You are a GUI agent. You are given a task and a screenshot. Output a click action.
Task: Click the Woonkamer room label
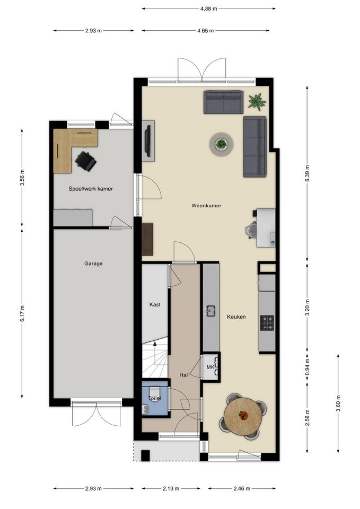coord(206,206)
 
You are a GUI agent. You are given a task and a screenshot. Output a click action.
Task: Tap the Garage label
coord(93,264)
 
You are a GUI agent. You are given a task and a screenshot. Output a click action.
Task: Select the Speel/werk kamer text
coord(91,189)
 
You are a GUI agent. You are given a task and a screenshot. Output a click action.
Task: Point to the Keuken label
coord(236,317)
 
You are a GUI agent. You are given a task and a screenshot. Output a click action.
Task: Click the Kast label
coord(155,304)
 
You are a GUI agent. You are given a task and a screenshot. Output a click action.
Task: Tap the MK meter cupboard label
coord(210,367)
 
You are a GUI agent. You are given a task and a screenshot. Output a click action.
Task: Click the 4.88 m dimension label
coord(208,9)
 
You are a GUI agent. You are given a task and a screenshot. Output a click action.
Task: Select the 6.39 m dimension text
coord(307,174)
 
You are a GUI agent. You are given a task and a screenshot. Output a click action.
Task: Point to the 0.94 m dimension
coord(307,366)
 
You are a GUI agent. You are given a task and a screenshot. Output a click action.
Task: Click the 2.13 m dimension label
coord(171,488)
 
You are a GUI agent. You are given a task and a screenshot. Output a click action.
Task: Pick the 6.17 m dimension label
coord(22,313)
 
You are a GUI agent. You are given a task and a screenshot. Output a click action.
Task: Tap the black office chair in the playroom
coord(86,160)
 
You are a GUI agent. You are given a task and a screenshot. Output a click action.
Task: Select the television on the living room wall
coord(148,141)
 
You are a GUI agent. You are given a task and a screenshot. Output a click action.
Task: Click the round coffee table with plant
coord(222,144)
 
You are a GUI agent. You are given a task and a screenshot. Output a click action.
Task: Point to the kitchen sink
coord(210,311)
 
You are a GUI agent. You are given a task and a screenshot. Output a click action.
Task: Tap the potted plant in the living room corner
coord(257,101)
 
